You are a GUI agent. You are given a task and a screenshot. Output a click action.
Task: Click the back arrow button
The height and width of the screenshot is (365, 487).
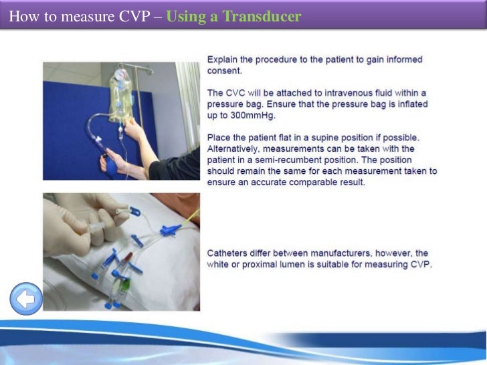[x=26, y=299]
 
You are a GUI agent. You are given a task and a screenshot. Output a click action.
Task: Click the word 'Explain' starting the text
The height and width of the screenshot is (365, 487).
[x=224, y=59]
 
